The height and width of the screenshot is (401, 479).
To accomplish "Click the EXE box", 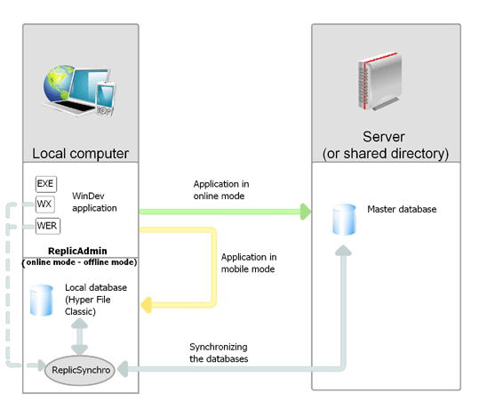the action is tap(46, 184).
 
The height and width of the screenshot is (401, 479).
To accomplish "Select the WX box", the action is tap(45, 205).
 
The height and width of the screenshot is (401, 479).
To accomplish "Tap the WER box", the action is tap(48, 226).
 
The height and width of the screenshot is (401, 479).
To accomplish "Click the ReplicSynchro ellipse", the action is tap(80, 370).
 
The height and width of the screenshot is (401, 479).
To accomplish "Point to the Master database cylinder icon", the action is tap(344, 220).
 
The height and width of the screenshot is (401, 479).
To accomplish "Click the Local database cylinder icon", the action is tap(42, 301).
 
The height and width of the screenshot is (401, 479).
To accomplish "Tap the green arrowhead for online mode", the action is tap(306, 212).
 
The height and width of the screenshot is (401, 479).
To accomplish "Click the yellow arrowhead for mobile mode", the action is tap(146, 305).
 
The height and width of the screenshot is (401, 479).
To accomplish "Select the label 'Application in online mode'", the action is tap(221, 189).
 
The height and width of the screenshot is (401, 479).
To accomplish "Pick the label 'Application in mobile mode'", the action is tap(249, 263).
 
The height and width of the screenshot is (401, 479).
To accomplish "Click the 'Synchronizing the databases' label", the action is tap(219, 353).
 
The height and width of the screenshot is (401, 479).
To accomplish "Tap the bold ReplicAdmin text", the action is tap(77, 251).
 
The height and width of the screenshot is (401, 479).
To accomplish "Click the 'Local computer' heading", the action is tap(80, 154).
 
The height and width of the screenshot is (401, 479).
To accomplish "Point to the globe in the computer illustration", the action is tap(58, 84).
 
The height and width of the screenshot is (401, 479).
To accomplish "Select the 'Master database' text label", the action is tap(402, 209).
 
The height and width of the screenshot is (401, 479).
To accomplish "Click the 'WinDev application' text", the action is tap(94, 202).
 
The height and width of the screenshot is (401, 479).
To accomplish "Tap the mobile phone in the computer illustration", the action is tap(105, 100).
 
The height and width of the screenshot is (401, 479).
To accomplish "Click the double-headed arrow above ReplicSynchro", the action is tap(79, 337).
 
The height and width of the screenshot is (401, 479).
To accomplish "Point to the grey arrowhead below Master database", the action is tap(343, 251).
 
